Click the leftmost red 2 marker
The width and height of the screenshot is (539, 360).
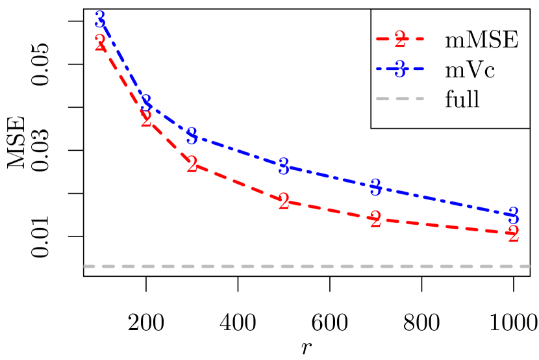click(x=100, y=44)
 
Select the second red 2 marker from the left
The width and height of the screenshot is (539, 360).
click(x=146, y=119)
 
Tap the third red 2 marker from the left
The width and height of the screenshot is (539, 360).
click(x=192, y=165)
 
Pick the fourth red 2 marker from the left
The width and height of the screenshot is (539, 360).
click(x=284, y=202)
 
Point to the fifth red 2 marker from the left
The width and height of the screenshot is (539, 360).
click(x=375, y=220)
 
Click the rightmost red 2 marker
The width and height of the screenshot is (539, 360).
click(x=513, y=234)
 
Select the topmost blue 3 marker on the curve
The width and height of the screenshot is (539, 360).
click(x=100, y=19)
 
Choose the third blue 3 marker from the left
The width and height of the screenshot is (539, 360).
click(x=192, y=136)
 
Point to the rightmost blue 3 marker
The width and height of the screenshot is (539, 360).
click(x=513, y=215)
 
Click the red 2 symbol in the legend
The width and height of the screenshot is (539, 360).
click(x=400, y=40)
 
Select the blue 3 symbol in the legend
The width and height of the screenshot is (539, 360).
click(x=400, y=69)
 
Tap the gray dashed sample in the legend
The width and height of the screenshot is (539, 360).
click(x=400, y=99)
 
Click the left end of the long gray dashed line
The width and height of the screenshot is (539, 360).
click(x=85, y=266)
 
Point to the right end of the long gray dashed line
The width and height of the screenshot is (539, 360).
click(x=529, y=266)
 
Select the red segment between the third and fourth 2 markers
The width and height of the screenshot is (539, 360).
click(x=238, y=184)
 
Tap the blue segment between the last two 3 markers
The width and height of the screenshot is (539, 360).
click(x=444, y=201)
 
